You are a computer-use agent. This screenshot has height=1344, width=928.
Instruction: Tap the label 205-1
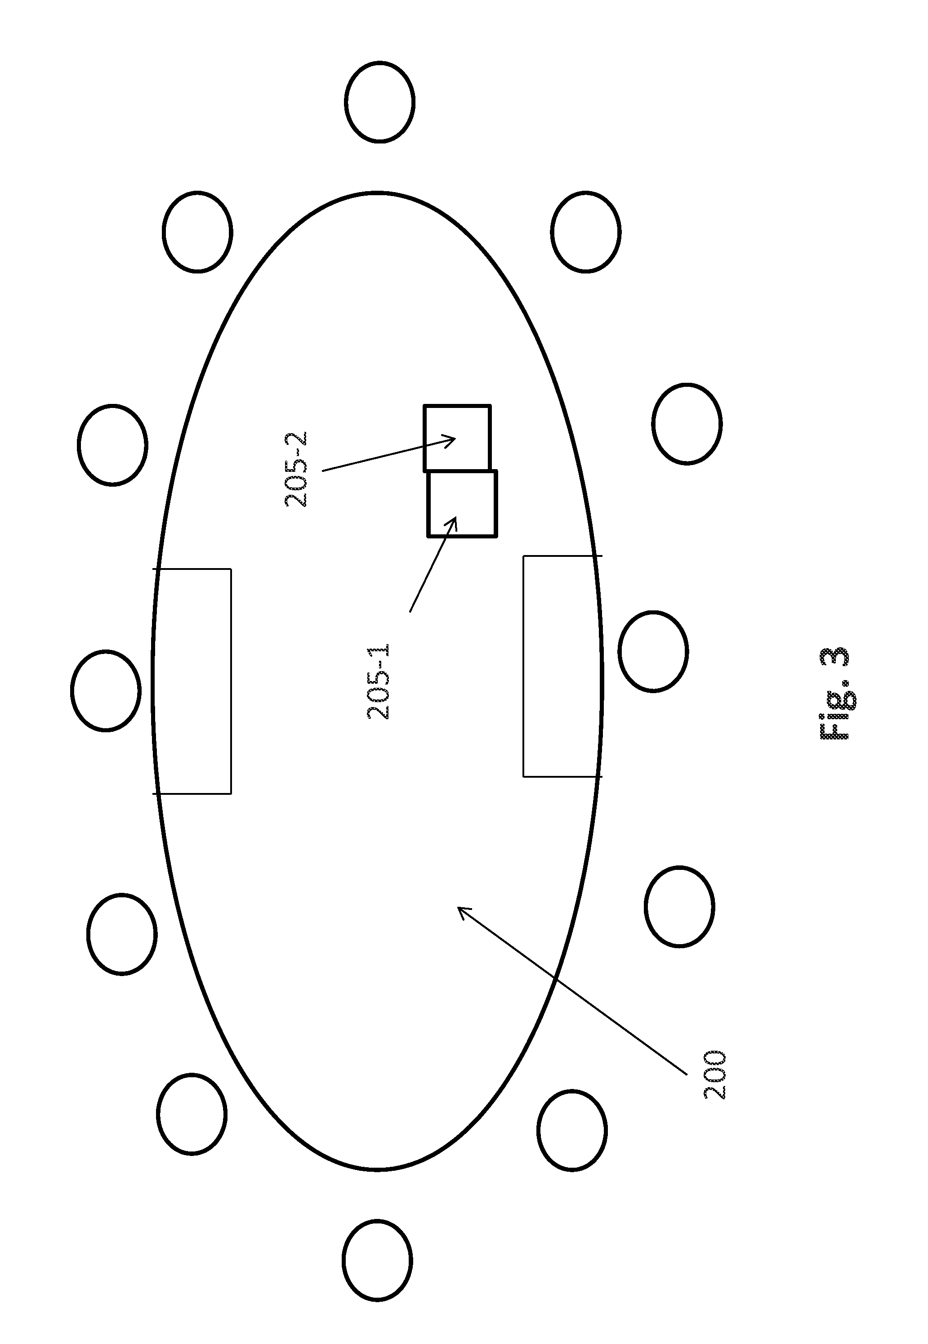coord(379,681)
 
